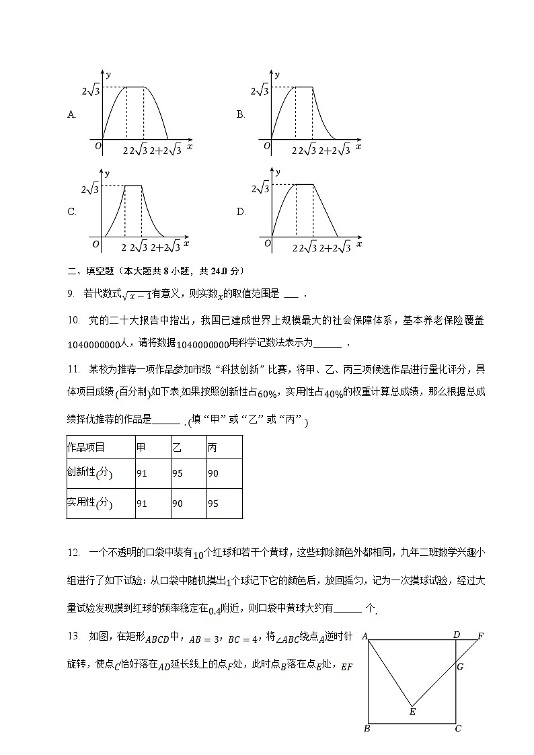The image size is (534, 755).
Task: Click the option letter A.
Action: (x=71, y=114)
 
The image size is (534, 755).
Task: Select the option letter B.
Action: (x=240, y=114)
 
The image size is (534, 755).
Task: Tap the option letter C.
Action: (x=71, y=212)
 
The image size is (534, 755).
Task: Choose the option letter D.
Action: (x=240, y=212)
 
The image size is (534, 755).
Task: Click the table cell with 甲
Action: (x=141, y=447)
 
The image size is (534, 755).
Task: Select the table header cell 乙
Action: (x=177, y=447)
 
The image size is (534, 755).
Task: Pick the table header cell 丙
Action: (x=213, y=447)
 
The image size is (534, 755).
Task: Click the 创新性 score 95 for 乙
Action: (x=178, y=473)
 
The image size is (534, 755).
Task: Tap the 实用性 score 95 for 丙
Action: (x=213, y=503)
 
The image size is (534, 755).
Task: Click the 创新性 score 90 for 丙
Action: (x=213, y=473)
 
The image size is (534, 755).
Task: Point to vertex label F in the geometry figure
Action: (x=480, y=635)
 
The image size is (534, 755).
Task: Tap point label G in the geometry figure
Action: (x=461, y=667)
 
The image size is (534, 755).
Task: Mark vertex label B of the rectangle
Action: (x=367, y=728)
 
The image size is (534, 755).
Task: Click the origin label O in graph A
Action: (x=98, y=145)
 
